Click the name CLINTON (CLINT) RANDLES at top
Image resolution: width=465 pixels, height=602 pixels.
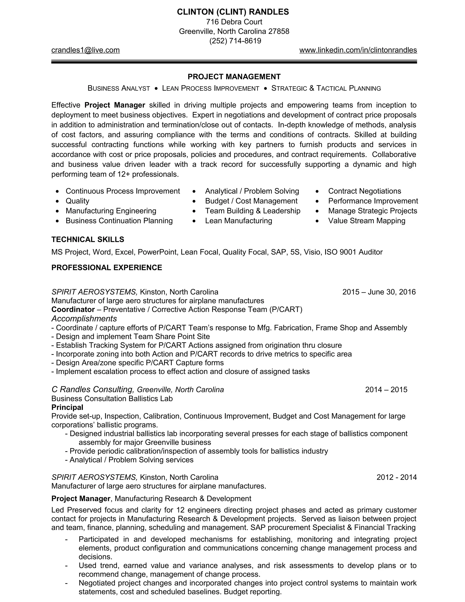click(233, 12)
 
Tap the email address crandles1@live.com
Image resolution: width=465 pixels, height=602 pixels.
click(85, 50)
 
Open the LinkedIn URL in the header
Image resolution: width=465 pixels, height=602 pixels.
click(358, 50)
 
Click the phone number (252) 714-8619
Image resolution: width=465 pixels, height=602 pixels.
click(235, 41)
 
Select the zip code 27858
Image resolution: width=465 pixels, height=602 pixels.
click(279, 31)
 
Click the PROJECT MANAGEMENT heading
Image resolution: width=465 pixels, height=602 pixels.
click(234, 77)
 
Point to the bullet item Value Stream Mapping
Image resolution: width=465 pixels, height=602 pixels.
click(366, 221)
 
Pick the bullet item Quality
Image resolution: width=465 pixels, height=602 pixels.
click(77, 201)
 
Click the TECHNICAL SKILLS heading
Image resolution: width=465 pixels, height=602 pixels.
click(88, 239)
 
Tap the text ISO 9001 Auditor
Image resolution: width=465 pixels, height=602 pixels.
click(354, 252)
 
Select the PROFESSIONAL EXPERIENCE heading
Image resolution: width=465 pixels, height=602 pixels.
click(107, 268)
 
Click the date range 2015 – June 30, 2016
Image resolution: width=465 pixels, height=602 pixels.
click(379, 292)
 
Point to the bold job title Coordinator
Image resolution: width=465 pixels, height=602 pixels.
click(73, 310)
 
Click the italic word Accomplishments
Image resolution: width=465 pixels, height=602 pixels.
click(84, 319)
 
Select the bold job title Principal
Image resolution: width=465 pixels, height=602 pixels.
click(67, 407)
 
